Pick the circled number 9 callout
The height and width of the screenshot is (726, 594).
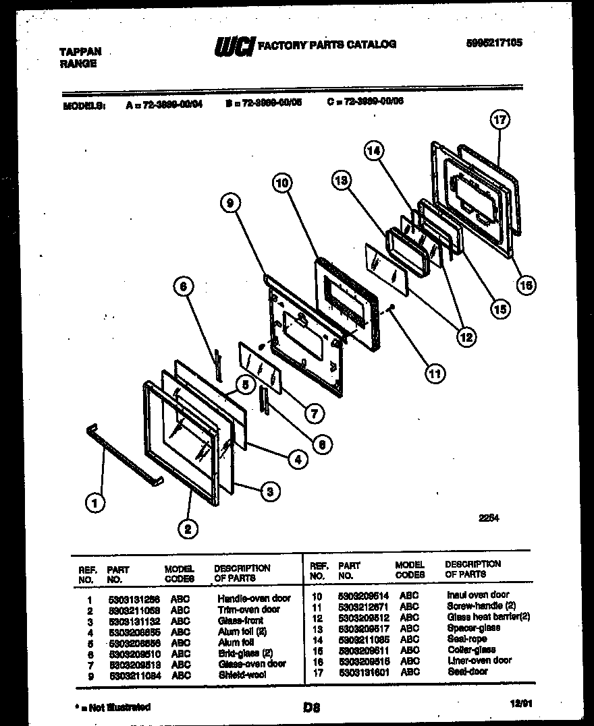[x=232, y=202]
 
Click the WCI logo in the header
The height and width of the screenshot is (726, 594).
[x=233, y=46]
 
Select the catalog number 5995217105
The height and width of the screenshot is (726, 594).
[x=494, y=42]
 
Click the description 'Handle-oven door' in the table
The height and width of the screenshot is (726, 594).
[x=254, y=598]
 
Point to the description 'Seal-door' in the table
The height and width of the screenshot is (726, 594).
[x=468, y=672]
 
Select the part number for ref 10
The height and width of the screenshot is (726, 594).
[x=363, y=595]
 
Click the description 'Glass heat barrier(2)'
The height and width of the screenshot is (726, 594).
[x=488, y=617]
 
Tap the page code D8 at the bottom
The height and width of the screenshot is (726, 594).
[x=311, y=708]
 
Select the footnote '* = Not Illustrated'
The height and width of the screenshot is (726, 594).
[x=111, y=707]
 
